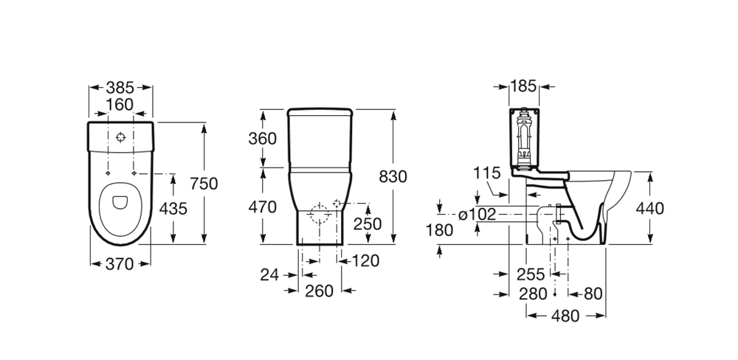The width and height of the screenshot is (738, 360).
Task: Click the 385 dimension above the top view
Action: pos(120,88)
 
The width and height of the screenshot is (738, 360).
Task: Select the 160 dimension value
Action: pos(120,105)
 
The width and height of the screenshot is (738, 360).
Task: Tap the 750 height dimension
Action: pos(204,183)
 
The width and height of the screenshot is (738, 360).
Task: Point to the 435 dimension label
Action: pos(173,208)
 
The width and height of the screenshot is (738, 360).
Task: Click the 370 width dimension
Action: pos(120,264)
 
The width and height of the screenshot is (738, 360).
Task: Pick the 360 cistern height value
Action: pos(263,139)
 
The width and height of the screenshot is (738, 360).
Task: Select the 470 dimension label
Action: pos(263,207)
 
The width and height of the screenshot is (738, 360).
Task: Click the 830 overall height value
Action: pos(393,176)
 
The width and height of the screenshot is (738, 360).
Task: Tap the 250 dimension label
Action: pos(368,224)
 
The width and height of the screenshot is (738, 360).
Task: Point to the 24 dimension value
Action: pos(269,275)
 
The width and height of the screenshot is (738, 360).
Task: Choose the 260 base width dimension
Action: pos(319,291)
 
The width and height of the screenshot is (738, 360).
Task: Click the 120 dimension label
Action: pos(365,260)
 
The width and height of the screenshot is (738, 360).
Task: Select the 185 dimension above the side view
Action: pos(523,86)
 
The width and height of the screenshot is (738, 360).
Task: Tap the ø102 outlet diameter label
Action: pos(477,215)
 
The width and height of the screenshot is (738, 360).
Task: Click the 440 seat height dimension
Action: pos(650,208)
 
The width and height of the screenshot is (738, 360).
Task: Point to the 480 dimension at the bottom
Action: pos(565,316)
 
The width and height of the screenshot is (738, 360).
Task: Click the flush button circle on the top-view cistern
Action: pos(121,137)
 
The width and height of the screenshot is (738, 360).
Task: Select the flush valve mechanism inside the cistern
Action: pos(524,138)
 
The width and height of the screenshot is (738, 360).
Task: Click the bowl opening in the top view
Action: pos(120,202)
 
